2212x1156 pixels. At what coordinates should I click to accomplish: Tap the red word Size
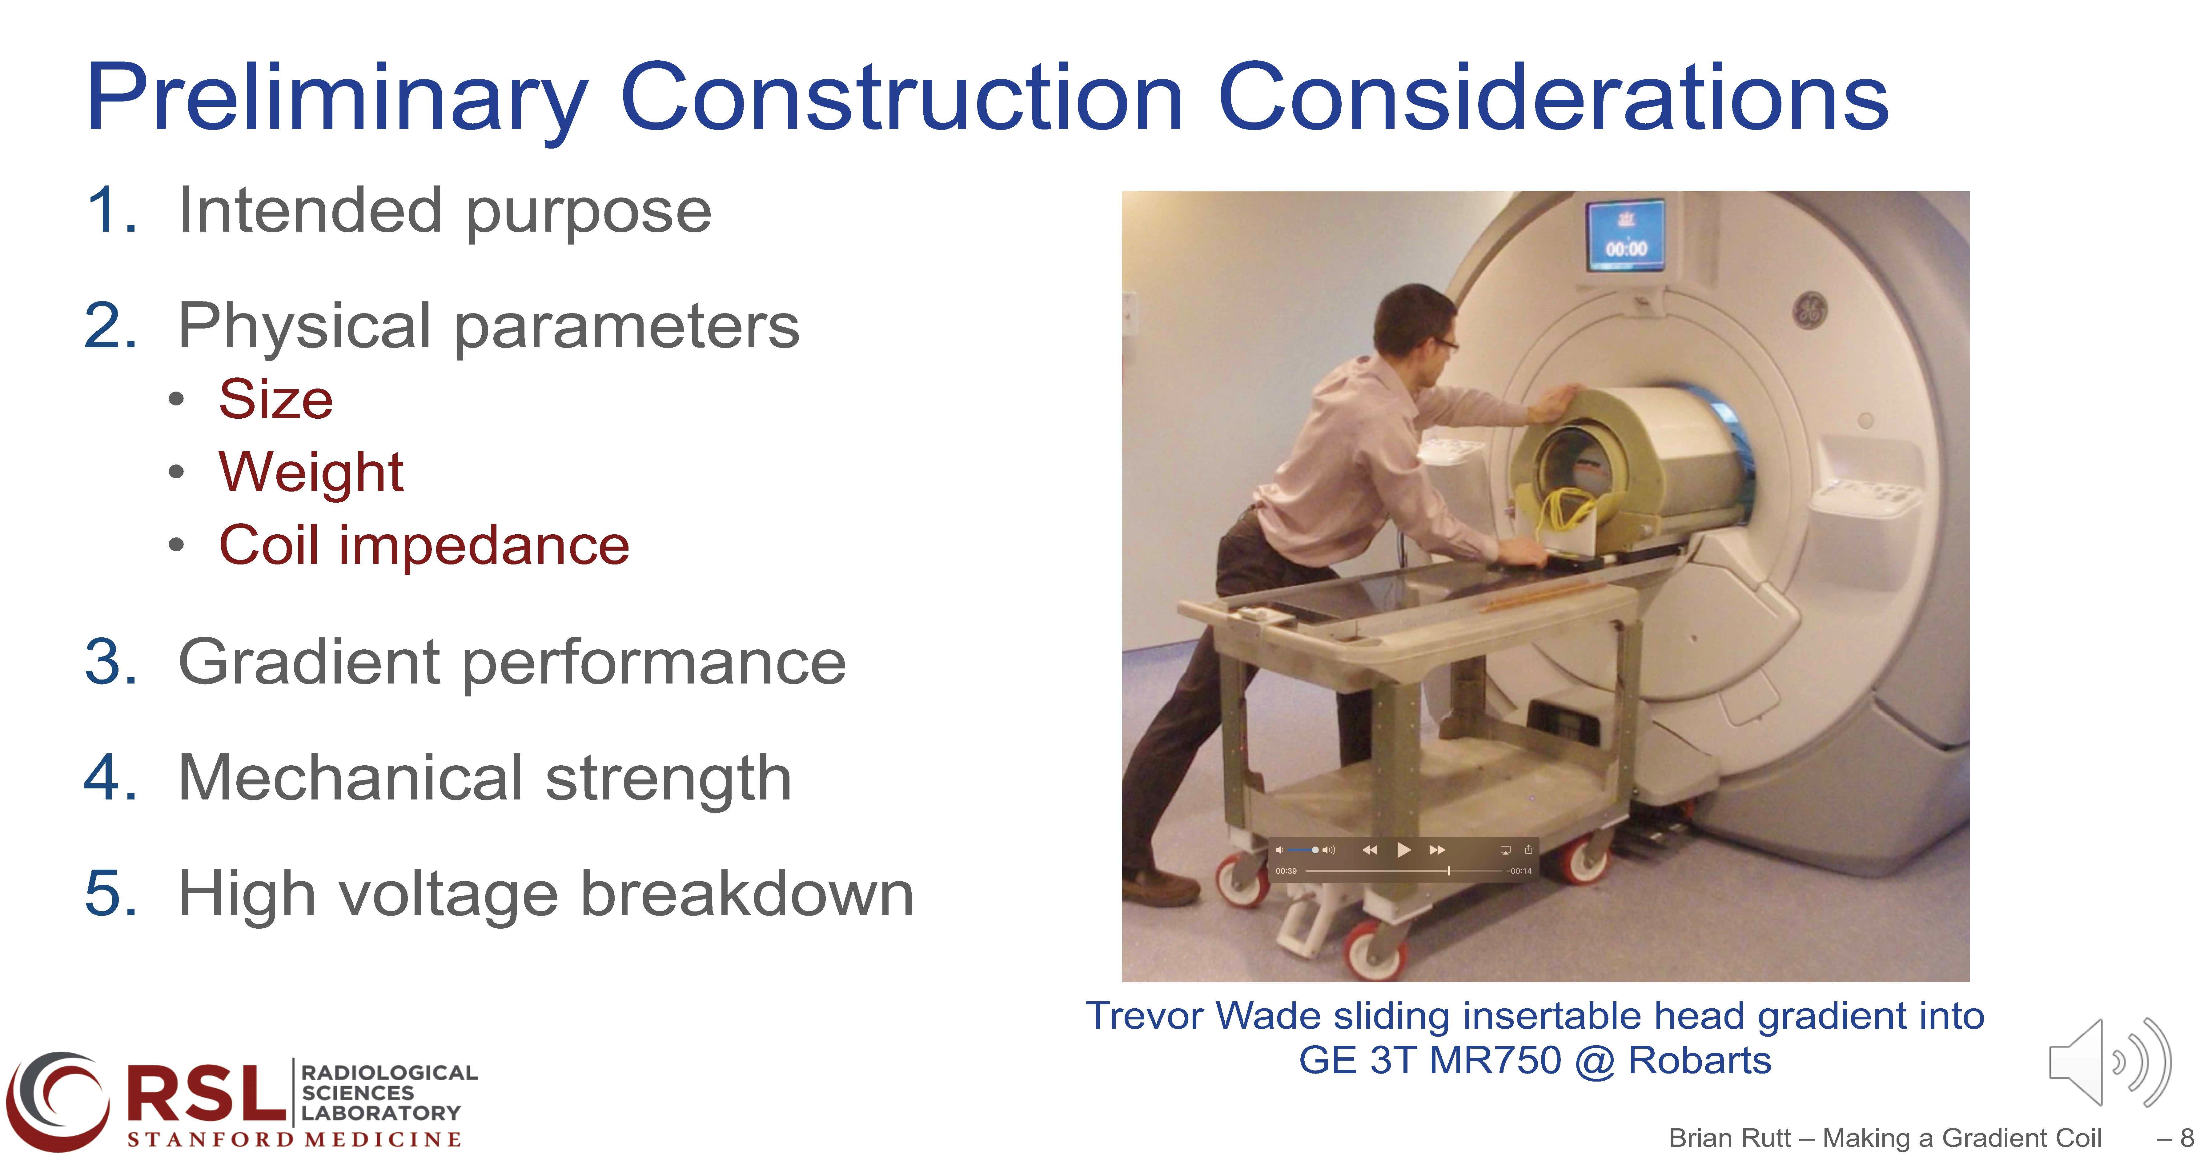tap(276, 400)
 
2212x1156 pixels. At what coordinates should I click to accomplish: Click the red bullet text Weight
tap(311, 473)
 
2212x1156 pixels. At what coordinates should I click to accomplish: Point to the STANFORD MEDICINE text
tap(295, 1140)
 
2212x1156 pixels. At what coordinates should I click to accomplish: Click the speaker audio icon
tap(2110, 1062)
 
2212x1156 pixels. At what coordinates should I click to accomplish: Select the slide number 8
tap(2186, 1138)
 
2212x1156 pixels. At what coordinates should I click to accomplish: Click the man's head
tap(1417, 326)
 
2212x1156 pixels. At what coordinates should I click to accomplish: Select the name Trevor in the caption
tap(1146, 1016)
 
